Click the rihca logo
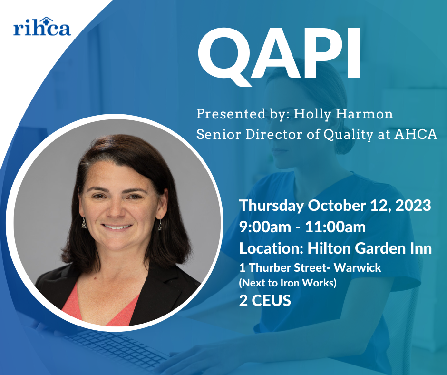coord(42,27)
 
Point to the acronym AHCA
coord(416,134)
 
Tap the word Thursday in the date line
coord(271,206)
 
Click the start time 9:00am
coord(265,227)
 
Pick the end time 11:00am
coord(335,227)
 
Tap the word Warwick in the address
coord(358,268)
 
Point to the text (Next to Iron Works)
coord(288,283)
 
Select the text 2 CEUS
coord(265,300)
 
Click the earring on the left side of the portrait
coord(84,223)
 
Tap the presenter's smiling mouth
coord(117,227)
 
